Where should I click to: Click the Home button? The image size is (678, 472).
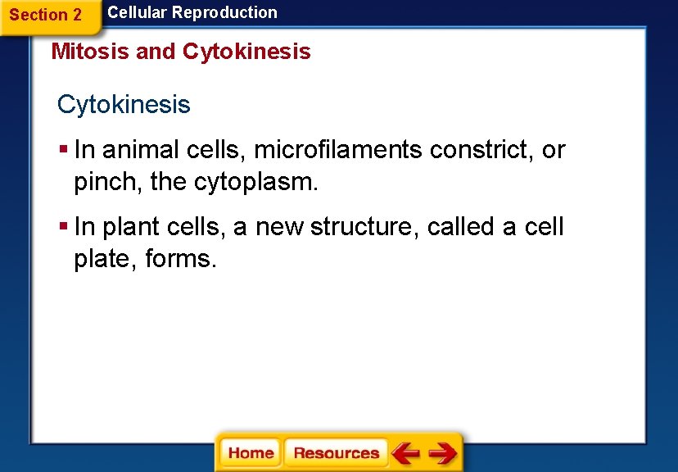(251, 453)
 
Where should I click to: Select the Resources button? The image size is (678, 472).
(336, 453)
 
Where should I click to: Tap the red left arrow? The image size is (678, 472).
(405, 453)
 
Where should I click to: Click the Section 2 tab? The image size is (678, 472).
(46, 15)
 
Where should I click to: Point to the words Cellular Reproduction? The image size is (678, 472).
(192, 12)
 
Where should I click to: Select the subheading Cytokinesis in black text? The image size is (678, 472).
(124, 105)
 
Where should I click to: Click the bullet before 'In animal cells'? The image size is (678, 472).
(63, 150)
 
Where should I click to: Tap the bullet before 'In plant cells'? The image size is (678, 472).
(63, 227)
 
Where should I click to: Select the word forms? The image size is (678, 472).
(180, 259)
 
